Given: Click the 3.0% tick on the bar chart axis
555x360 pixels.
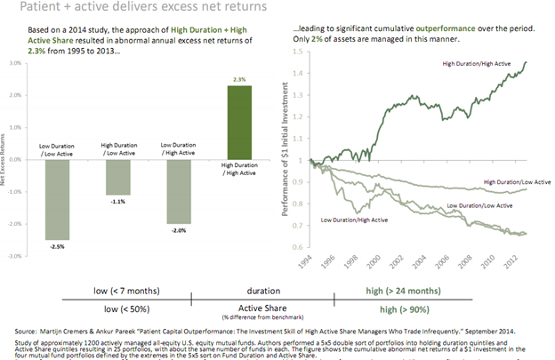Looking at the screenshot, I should [15, 64].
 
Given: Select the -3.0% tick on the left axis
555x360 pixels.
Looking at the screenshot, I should [14, 256].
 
